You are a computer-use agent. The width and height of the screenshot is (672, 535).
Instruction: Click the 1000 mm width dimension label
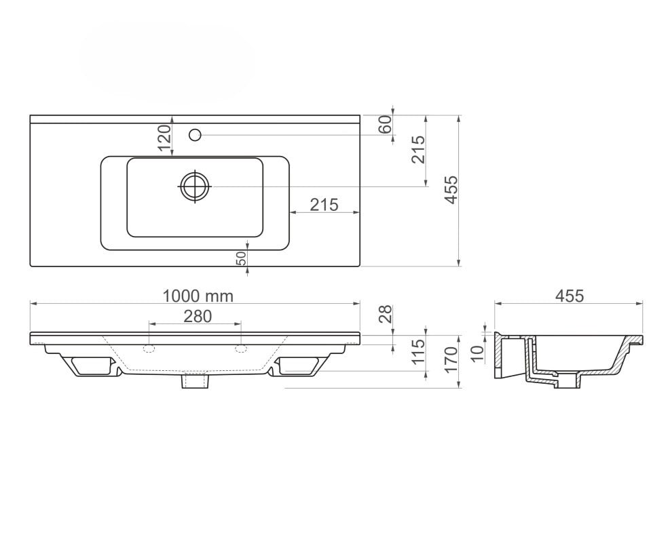198,296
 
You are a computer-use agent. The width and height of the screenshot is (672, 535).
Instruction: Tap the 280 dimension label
198,316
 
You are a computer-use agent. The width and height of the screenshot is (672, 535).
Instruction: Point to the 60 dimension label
386,124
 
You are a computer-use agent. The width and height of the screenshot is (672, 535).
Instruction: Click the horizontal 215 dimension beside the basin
324,205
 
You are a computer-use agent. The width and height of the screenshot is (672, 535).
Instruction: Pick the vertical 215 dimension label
418,149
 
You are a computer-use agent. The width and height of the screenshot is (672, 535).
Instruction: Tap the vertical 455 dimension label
451,190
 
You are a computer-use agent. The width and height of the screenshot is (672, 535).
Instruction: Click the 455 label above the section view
570,296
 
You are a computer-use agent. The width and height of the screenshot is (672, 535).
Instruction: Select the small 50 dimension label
241,258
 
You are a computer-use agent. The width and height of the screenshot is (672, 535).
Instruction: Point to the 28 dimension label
386,314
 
